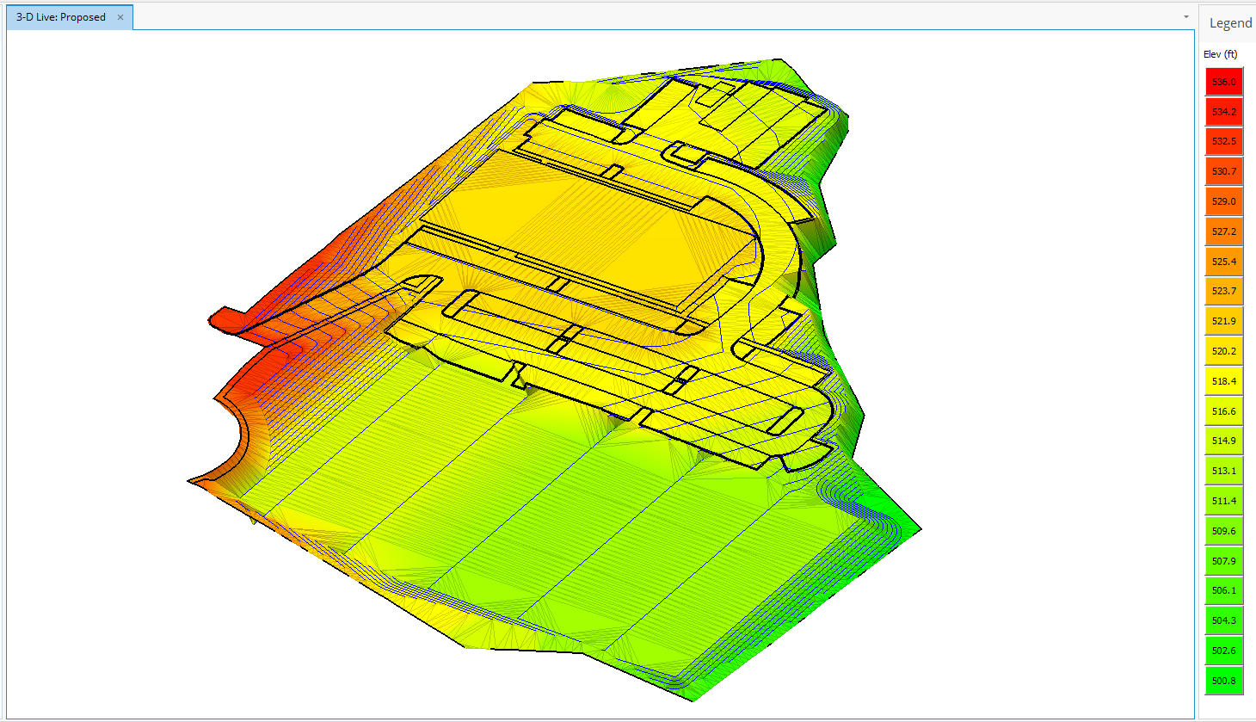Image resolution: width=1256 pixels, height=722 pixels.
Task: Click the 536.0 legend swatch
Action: pyautogui.click(x=1223, y=82)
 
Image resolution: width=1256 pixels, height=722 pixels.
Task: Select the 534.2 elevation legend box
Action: pyautogui.click(x=1223, y=112)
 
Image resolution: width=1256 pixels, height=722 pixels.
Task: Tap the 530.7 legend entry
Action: pyautogui.click(x=1223, y=171)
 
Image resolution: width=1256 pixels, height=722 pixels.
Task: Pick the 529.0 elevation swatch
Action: pyautogui.click(x=1223, y=201)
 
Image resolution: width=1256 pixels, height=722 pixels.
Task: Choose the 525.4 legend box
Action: pyautogui.click(x=1223, y=262)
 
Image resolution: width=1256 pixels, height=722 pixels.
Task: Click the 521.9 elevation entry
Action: pyautogui.click(x=1223, y=321)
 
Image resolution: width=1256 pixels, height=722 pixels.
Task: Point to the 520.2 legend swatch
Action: pyautogui.click(x=1223, y=351)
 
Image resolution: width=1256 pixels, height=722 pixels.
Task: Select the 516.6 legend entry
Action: pyautogui.click(x=1223, y=411)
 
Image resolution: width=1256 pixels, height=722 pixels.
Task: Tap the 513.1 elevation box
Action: pyautogui.click(x=1223, y=471)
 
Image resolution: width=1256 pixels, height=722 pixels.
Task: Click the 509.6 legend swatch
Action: pyautogui.click(x=1223, y=531)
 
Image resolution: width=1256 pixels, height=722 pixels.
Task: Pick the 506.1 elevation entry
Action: pyautogui.click(x=1223, y=590)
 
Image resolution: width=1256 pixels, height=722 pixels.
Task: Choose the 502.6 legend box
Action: pyautogui.click(x=1223, y=651)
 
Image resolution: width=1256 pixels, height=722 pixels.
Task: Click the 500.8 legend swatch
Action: pyautogui.click(x=1223, y=681)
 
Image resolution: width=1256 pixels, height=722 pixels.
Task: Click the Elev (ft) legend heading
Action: pyautogui.click(x=1220, y=54)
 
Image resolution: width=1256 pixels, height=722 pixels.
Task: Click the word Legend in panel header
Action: pyautogui.click(x=1230, y=23)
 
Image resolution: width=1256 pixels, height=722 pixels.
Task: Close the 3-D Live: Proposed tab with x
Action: pyautogui.click(x=120, y=17)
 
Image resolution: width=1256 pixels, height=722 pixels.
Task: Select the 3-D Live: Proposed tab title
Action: pyautogui.click(x=61, y=17)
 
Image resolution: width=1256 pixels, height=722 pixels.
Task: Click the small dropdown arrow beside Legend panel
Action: pyautogui.click(x=1185, y=17)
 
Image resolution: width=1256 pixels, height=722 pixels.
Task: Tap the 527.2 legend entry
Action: pyautogui.click(x=1223, y=231)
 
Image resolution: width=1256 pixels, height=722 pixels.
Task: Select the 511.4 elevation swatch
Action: pyautogui.click(x=1223, y=501)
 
